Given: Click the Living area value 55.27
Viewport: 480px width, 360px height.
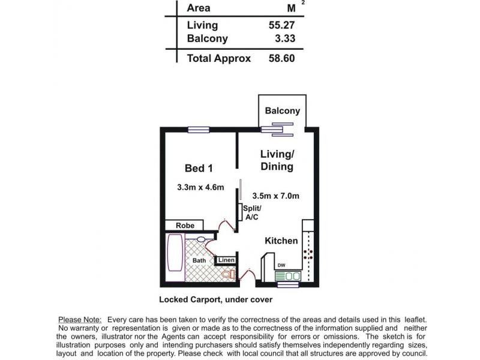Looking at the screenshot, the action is click(x=281, y=25).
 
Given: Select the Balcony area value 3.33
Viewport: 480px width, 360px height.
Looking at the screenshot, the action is click(x=285, y=38).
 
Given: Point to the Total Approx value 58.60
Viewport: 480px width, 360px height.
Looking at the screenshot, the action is click(x=281, y=58).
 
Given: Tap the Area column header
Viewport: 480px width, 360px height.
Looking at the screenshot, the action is click(x=199, y=8).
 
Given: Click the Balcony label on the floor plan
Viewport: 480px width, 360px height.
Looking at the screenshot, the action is click(x=282, y=110).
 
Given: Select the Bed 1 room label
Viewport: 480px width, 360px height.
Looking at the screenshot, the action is click(x=199, y=168).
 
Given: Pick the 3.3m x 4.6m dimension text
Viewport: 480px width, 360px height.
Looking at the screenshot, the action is click(x=200, y=187).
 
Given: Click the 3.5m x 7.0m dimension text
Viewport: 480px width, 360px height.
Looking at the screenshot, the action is click(x=275, y=196).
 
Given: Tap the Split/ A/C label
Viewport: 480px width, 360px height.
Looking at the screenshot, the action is click(x=252, y=212).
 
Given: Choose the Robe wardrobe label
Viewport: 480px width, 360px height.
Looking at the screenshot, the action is click(x=185, y=226).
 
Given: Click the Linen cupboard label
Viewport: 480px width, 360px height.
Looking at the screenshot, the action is click(x=226, y=260).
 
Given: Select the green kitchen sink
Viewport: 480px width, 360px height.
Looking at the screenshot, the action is click(x=288, y=276).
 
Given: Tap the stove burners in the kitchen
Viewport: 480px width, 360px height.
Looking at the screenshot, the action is click(x=308, y=254).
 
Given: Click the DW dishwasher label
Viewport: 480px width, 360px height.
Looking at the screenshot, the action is click(x=281, y=265).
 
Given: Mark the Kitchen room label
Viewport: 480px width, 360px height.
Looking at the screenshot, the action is click(x=281, y=241).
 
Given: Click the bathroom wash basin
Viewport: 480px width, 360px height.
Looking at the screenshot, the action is click(x=201, y=239).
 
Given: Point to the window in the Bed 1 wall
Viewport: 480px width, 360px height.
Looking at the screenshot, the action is click(x=199, y=130).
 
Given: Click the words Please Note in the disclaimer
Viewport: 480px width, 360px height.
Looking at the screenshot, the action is click(x=80, y=320).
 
